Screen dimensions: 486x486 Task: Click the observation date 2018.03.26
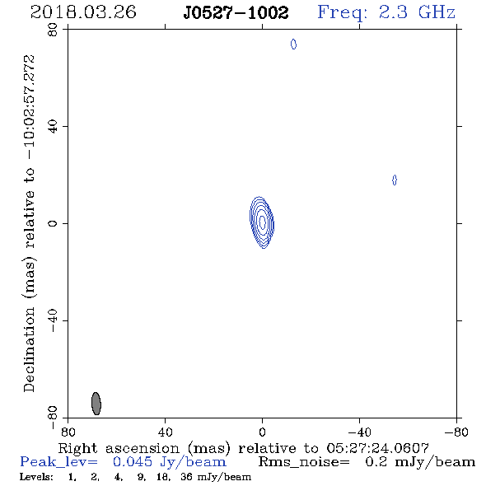83,12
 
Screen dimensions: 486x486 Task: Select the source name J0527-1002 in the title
236,13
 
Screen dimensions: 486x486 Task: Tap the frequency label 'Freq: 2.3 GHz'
386,13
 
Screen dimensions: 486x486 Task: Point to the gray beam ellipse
96,404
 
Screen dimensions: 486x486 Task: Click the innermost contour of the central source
262,222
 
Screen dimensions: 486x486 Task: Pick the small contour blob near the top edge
293,44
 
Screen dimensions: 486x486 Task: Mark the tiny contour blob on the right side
395,180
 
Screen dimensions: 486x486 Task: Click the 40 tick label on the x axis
165,432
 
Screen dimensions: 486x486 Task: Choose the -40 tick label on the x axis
359,432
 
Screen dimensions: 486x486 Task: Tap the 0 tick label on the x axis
262,432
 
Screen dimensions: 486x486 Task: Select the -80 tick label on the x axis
456,432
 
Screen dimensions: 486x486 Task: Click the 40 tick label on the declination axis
53,127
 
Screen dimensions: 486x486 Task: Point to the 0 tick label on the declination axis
53,223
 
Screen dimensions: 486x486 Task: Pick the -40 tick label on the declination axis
53,320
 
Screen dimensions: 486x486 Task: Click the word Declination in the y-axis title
29,349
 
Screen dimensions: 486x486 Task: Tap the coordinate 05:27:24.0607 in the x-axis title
377,448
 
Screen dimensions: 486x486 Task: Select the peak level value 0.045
133,462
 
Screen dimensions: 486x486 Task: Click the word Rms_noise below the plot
304,462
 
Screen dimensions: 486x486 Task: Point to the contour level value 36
186,476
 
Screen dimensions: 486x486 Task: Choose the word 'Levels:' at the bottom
36,476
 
